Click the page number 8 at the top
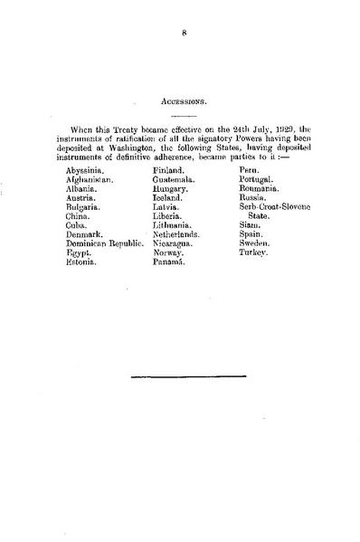click(x=183, y=36)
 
